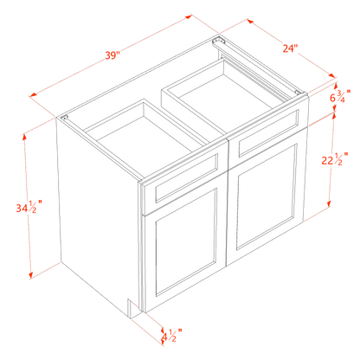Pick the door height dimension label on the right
tap(330, 160)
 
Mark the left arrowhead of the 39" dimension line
tap(32, 94)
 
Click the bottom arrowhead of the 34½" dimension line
tap(33, 274)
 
